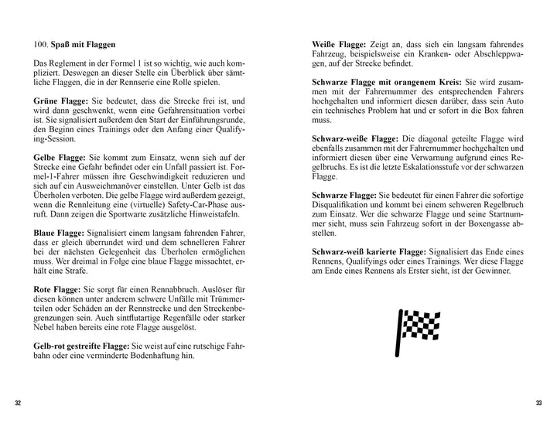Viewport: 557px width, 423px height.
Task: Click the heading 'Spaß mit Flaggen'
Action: point(93,45)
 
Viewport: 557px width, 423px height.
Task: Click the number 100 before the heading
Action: point(42,45)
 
